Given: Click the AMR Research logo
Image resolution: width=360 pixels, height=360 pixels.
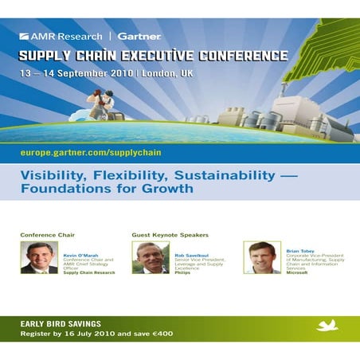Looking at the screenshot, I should (x=61, y=36).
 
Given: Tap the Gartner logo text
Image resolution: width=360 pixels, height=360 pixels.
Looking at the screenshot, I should (x=139, y=36).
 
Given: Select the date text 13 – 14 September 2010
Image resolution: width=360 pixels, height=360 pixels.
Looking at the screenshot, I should (x=77, y=72).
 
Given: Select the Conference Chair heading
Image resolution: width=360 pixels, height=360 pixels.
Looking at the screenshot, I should (x=47, y=235).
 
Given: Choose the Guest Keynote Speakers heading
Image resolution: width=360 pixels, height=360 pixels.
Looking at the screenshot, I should (x=170, y=235).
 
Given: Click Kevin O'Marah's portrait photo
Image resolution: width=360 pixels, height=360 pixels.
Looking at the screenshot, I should (x=39, y=257).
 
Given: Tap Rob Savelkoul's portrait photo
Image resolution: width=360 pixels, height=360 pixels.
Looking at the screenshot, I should (x=151, y=257).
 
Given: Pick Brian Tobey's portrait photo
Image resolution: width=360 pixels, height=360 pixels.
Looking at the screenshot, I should (x=262, y=257).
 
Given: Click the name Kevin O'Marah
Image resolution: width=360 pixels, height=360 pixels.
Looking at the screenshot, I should (x=80, y=255).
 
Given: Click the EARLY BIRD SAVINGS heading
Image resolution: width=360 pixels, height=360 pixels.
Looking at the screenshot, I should (x=61, y=323).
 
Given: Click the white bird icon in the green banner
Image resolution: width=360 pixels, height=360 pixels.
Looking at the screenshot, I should (x=327, y=326).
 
